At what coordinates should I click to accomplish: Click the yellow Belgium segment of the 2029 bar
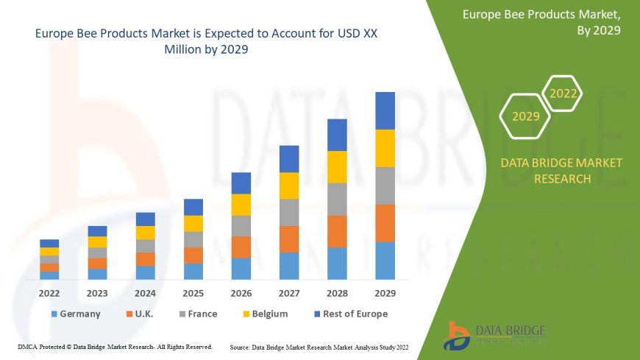tap(385, 148)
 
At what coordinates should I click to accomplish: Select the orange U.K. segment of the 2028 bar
tap(337, 231)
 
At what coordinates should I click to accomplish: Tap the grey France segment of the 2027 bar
tap(289, 212)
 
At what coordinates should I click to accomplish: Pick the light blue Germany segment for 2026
tap(241, 268)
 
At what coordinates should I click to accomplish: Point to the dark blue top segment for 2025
tap(193, 207)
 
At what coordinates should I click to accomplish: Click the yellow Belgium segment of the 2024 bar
tap(146, 233)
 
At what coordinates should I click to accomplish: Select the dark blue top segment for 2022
tap(49, 243)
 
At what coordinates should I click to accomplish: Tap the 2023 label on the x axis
tap(97, 293)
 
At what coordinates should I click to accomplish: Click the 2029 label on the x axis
tap(385, 293)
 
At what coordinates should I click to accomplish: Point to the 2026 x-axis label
tap(241, 293)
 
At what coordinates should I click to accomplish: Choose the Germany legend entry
tap(75, 314)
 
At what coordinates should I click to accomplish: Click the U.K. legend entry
tap(140, 314)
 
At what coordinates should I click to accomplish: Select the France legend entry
tap(196, 314)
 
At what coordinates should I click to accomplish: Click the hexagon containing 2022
tap(563, 93)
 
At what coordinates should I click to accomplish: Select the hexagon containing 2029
tap(525, 116)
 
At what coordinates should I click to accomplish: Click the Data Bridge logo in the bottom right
tap(494, 335)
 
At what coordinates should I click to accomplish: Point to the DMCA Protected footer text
tap(115, 346)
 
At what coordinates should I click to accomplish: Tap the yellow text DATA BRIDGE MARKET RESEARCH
tap(561, 170)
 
